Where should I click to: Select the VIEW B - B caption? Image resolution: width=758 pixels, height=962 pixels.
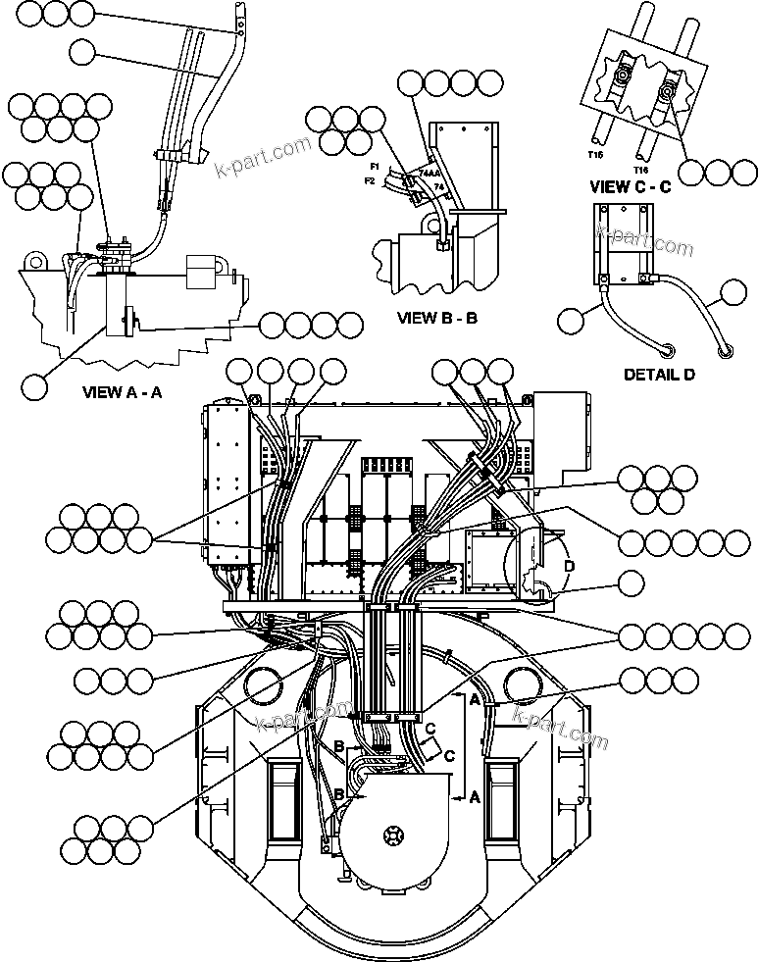(x=436, y=318)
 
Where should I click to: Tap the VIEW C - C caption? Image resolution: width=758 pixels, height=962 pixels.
(x=630, y=186)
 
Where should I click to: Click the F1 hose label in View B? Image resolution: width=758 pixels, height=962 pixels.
(x=375, y=168)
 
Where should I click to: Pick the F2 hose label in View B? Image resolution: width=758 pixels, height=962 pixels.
(x=370, y=180)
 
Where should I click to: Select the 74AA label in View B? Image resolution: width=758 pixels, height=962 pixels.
(x=429, y=174)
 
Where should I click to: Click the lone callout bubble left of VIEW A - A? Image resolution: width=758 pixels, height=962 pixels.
(x=34, y=386)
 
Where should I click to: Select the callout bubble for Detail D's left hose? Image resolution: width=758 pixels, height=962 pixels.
(x=570, y=319)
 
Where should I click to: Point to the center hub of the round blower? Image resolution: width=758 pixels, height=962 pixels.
(x=394, y=834)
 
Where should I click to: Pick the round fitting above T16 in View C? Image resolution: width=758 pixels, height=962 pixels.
(x=667, y=95)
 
